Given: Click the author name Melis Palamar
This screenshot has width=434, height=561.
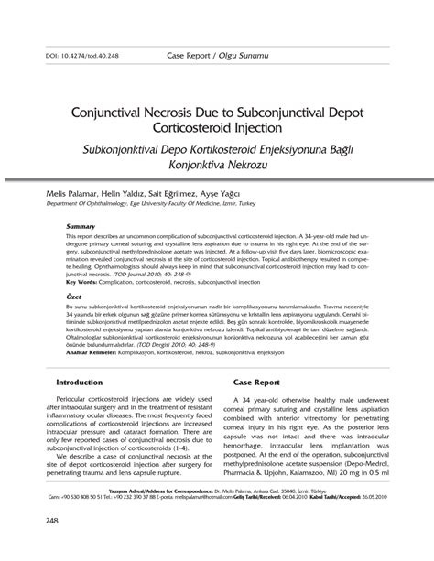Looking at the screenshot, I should point(60,196).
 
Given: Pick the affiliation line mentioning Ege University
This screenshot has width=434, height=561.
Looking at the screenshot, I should point(150,206).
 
